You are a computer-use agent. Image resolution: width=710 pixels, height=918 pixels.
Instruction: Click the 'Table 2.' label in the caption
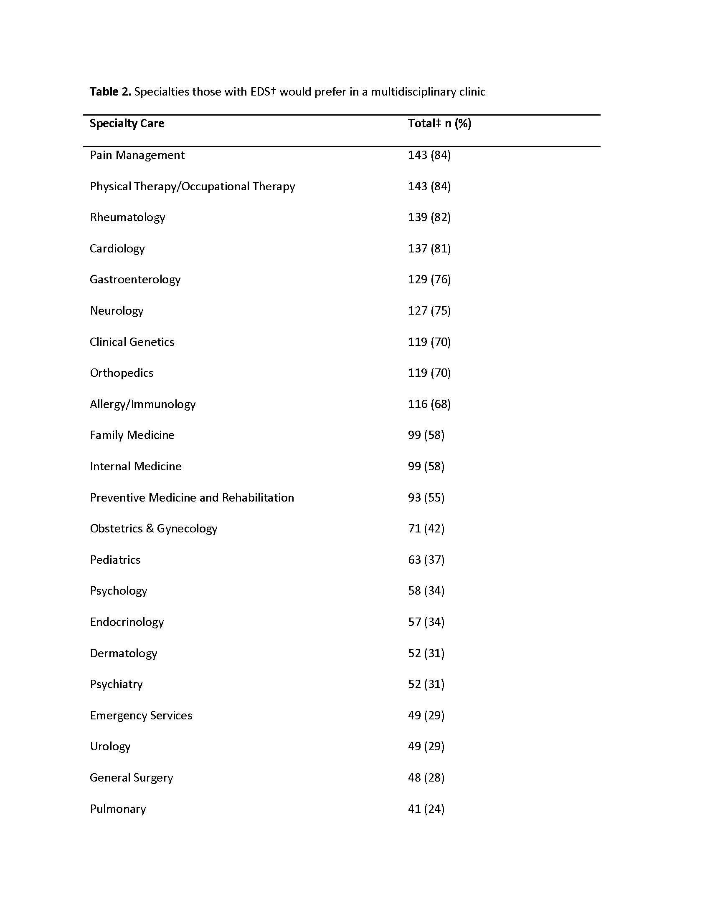coord(110,92)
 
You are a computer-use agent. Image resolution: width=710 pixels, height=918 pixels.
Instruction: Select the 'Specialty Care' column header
coord(127,123)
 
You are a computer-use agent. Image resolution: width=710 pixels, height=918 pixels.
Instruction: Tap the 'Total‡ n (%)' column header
coord(439,123)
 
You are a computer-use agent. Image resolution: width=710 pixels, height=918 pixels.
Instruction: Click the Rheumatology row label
coord(127,217)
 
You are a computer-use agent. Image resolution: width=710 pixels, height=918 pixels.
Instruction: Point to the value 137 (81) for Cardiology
coord(429,248)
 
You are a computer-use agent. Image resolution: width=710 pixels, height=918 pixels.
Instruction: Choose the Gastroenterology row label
coord(135,280)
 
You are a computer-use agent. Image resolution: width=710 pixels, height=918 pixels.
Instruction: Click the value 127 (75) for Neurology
coord(429,310)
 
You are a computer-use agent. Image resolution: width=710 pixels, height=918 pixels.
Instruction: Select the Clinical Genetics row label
coord(132,342)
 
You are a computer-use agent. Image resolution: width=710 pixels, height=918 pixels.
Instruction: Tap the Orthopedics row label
coord(122,373)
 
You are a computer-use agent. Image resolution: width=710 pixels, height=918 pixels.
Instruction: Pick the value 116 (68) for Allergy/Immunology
coord(429,404)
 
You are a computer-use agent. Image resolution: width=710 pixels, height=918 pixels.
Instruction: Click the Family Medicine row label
coord(132,435)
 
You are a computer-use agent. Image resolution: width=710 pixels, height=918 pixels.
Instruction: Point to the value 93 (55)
coord(426,497)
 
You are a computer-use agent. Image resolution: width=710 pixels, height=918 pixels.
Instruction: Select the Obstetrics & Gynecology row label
coord(154,528)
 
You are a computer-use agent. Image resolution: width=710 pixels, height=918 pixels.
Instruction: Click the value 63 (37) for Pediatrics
coord(426,560)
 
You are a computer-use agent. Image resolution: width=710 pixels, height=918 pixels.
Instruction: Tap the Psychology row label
coord(118,591)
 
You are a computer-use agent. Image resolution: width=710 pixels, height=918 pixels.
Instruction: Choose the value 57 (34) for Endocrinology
coord(426,622)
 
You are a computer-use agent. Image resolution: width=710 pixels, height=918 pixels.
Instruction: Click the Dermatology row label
coord(123,653)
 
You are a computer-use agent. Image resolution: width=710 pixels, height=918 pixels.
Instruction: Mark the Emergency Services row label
coord(141,715)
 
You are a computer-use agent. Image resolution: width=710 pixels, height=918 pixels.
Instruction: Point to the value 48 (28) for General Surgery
coord(426,778)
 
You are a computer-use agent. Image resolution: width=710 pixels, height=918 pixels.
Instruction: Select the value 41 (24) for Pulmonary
coord(426,809)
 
